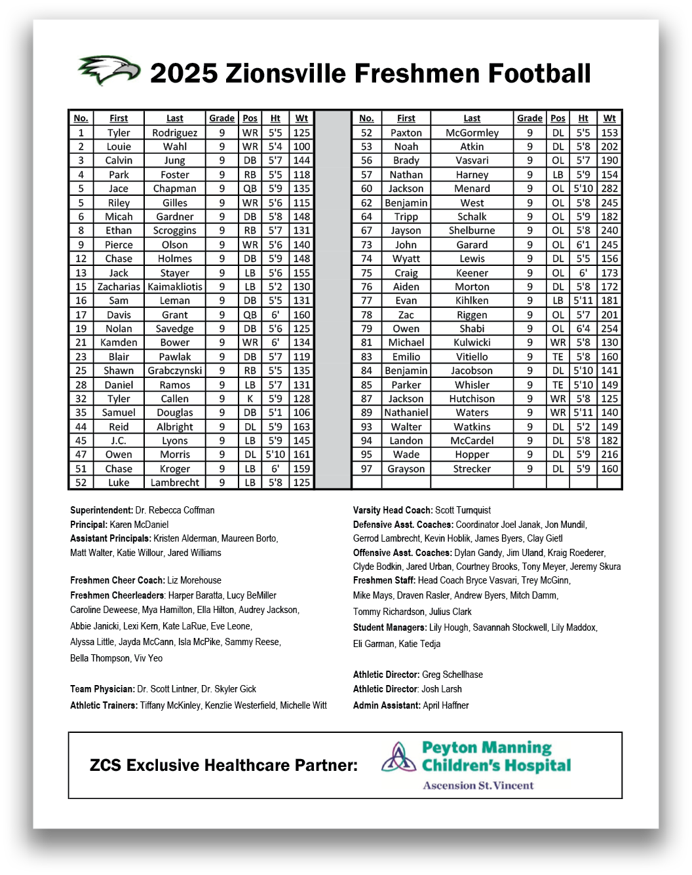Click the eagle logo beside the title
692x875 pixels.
[109, 70]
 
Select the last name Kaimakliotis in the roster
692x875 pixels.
[175, 287]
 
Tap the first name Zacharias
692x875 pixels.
[119, 287]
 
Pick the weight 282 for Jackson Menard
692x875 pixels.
[609, 189]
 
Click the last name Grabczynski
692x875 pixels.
[175, 371]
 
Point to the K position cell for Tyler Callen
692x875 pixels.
[250, 399]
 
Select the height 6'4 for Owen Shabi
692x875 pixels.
[583, 329]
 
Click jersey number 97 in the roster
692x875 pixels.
[366, 469]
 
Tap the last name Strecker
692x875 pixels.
[472, 469]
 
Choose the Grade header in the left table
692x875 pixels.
[221, 119]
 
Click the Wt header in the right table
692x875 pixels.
[609, 119]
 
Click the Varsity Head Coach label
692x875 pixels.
[393, 510]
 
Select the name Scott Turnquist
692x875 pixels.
[463, 510]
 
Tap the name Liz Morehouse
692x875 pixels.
[194, 580]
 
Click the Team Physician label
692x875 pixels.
[102, 689]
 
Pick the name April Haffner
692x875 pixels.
[446, 705]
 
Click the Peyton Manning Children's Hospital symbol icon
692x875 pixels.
[396, 758]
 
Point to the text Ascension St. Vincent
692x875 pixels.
[478, 786]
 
